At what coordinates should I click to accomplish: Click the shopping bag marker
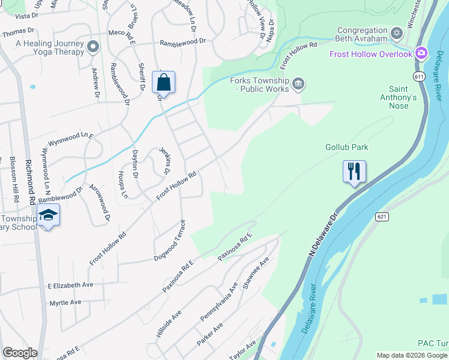[x=164, y=83]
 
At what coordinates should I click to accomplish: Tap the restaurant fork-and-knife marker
[x=354, y=172]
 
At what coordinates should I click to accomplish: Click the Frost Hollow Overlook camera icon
[x=421, y=54]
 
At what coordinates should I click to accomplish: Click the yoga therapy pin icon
[x=92, y=46]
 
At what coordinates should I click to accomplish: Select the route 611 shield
[x=418, y=76]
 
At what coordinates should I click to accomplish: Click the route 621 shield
[x=382, y=216]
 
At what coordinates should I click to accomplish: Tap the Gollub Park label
[x=346, y=147]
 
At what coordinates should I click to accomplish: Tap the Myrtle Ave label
[x=65, y=302]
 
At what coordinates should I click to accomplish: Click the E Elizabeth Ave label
[x=70, y=285]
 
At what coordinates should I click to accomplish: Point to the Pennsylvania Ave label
[x=218, y=307]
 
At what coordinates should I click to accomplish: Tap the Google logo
[x=20, y=353]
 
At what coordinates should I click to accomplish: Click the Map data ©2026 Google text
[x=411, y=355]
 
